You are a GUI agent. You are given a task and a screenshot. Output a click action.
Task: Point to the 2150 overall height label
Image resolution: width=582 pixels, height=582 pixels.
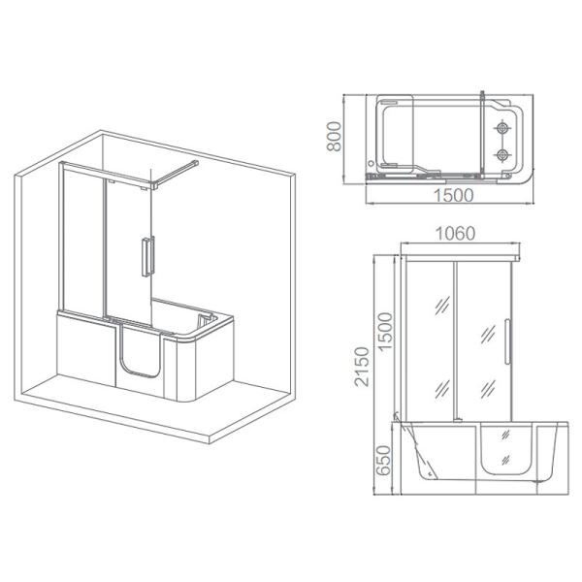pos(361,366)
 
